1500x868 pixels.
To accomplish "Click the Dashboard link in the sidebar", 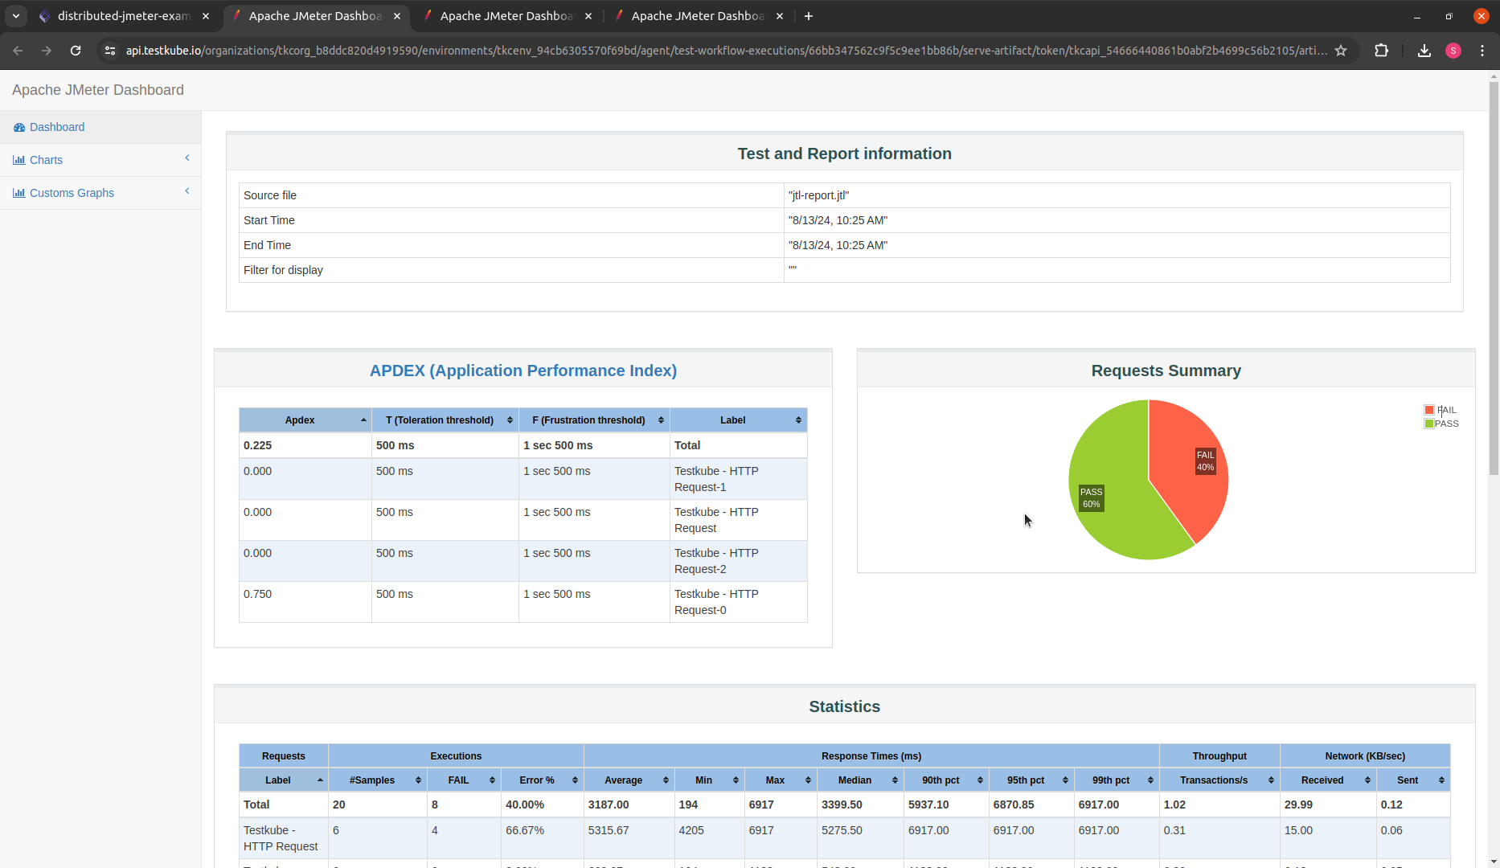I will point(56,127).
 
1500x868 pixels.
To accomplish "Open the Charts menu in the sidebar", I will point(46,160).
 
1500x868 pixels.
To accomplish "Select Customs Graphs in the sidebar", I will point(72,193).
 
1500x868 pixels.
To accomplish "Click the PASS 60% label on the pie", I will point(1091,498).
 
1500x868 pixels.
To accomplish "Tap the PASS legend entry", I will point(1445,424).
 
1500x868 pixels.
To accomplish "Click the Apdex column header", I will point(300,420).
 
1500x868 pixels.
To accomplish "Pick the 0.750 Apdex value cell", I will point(258,594).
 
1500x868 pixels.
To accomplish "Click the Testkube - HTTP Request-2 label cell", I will point(715,561).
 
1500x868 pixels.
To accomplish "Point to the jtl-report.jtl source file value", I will point(818,195).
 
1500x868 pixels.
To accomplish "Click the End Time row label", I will point(267,245).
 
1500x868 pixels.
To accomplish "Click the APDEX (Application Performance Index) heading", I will point(523,371).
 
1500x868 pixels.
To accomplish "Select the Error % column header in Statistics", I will point(536,780).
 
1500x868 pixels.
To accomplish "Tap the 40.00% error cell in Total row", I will point(525,805).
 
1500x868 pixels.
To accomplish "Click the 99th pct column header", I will point(1110,780).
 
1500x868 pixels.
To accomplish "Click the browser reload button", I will point(76,51).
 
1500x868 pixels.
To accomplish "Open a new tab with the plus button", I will point(809,16).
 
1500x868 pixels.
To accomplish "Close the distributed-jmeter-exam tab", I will point(206,16).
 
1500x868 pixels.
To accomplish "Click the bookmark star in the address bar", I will point(1341,51).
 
